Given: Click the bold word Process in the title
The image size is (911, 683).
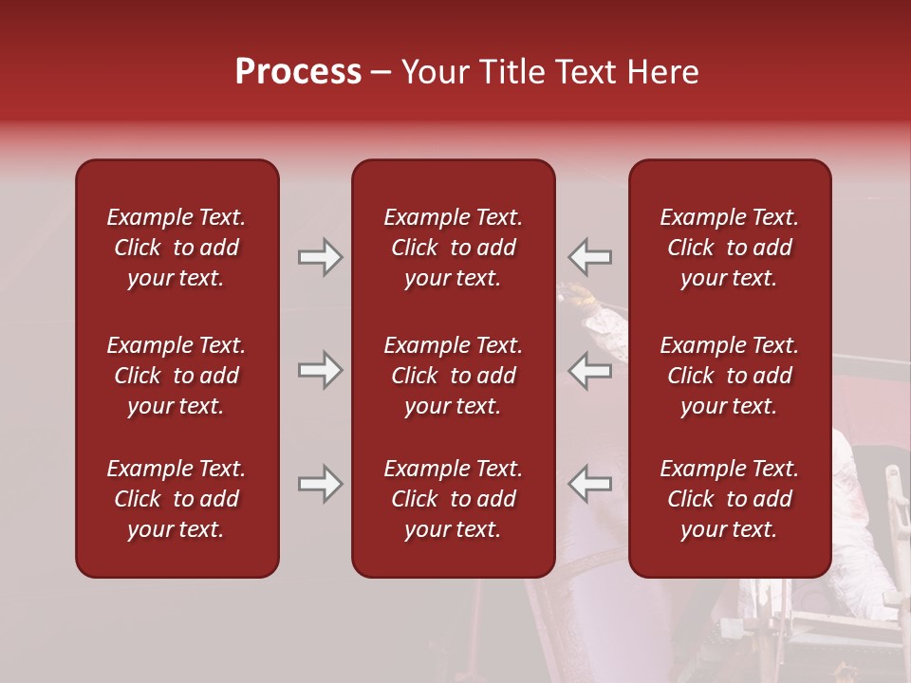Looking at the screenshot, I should click(298, 72).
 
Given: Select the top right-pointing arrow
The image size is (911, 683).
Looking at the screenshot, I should click(321, 257).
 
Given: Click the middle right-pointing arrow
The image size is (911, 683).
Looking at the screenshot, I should click(321, 370).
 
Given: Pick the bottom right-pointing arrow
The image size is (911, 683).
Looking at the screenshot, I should click(321, 484).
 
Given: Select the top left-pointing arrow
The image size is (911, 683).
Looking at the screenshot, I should click(589, 257).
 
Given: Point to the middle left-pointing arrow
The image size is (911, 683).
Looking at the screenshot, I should click(589, 370).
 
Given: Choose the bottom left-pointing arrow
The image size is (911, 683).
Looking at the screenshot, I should click(589, 484).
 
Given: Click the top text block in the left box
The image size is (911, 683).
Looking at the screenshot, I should click(177, 248).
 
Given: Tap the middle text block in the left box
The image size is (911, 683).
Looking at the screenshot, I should click(177, 376).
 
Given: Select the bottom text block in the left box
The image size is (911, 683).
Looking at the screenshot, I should click(177, 499).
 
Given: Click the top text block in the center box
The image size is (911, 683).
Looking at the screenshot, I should click(453, 248).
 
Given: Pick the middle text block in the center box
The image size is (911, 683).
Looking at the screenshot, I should click(453, 376).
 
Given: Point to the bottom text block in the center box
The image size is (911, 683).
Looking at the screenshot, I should click(453, 499).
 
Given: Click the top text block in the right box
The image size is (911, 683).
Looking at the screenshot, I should click(729, 248).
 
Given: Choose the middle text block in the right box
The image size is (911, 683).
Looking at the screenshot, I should click(729, 376).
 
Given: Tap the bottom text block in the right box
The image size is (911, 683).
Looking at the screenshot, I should click(729, 499).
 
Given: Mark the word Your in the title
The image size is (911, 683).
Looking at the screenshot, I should click(436, 72).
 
